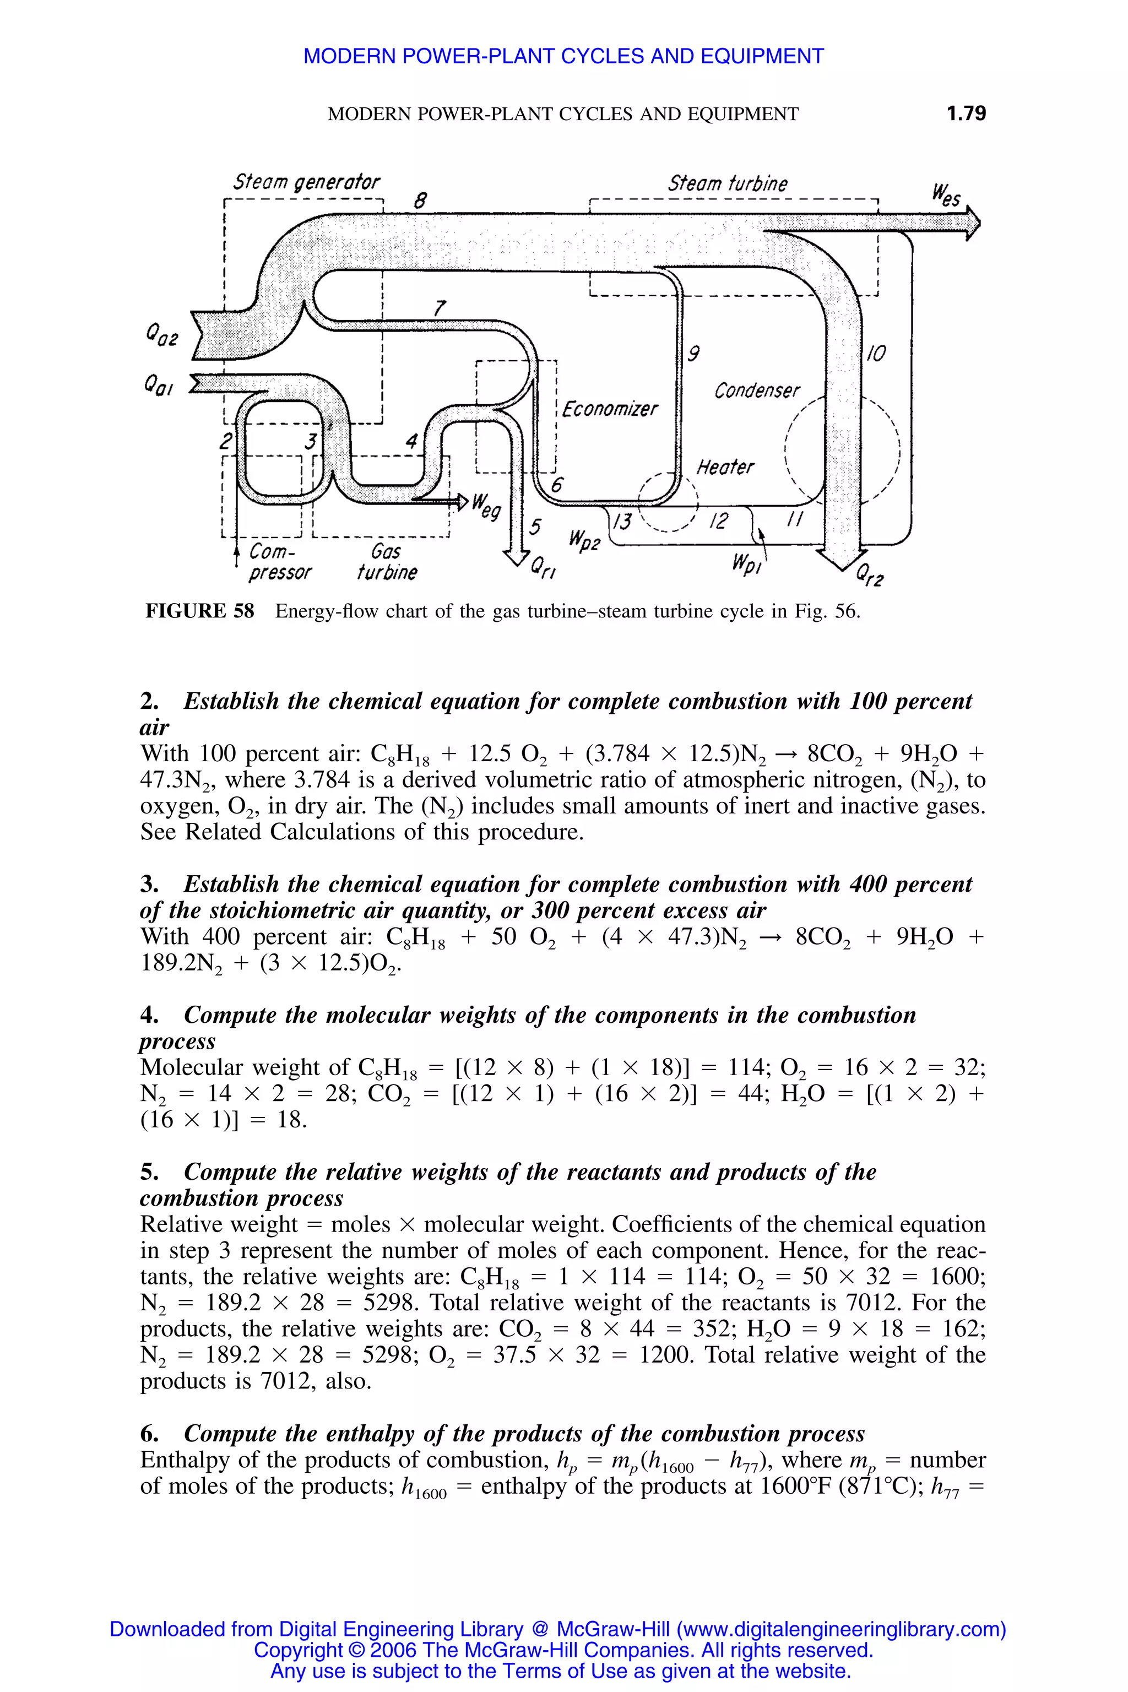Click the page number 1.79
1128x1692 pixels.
click(966, 113)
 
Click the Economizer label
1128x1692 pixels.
click(609, 409)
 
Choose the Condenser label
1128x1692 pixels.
click(756, 391)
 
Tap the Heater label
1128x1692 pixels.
click(725, 468)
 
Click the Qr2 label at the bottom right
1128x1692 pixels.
click(870, 576)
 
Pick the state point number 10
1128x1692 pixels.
click(876, 353)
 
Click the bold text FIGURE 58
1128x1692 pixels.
click(200, 611)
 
